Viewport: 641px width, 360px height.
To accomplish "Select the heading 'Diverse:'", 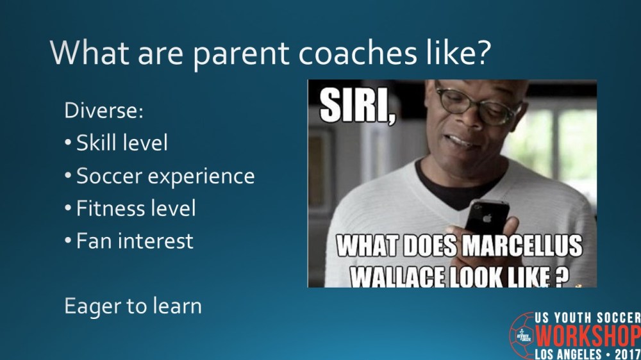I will pos(104,110).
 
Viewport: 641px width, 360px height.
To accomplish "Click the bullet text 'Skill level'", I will pos(122,142).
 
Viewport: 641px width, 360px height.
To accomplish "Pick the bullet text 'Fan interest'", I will pos(135,241).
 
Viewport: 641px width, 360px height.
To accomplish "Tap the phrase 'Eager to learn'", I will pos(133,306).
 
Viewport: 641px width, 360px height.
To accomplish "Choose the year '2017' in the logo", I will pos(627,353).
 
